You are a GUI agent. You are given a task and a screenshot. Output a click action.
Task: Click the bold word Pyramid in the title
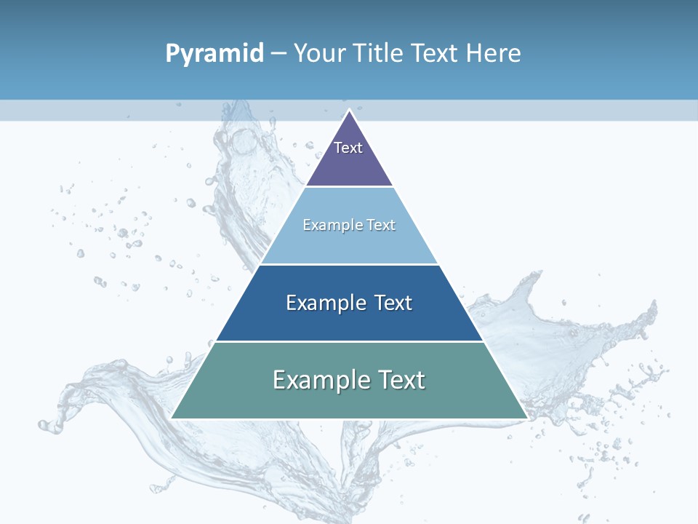(x=214, y=54)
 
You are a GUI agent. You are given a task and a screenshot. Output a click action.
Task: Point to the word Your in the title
(x=320, y=54)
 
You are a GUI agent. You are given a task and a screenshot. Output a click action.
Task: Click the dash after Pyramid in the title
(x=278, y=54)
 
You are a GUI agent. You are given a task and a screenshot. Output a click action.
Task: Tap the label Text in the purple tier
(x=348, y=148)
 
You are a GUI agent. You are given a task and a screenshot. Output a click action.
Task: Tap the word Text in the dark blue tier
(x=393, y=303)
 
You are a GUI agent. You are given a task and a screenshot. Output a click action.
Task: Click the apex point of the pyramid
(x=349, y=111)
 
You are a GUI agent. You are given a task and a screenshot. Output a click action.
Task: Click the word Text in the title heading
(x=436, y=53)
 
